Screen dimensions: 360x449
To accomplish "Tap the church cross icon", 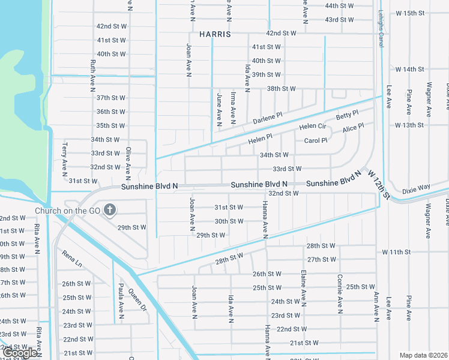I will click(x=109, y=210).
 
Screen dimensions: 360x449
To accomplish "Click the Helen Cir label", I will click(x=312, y=127).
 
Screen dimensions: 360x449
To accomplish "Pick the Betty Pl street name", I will click(x=346, y=114).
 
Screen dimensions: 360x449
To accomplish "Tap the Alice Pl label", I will click(x=352, y=128).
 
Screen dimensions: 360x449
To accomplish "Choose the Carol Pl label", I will click(x=316, y=140).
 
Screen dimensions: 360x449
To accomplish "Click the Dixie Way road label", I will click(x=416, y=188).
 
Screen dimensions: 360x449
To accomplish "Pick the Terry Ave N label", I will click(x=64, y=157).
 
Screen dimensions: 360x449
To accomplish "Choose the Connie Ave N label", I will click(x=339, y=299).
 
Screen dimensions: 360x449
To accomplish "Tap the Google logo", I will click(x=20, y=353).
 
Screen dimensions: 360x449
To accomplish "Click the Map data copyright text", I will click(x=424, y=355).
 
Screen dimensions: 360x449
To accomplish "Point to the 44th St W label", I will click(x=339, y=5).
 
